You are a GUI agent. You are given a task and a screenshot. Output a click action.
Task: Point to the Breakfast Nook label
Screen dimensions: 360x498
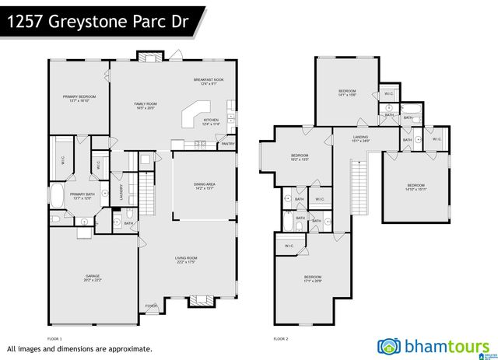click(209, 82)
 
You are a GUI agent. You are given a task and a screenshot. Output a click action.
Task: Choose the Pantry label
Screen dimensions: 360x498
click(228, 144)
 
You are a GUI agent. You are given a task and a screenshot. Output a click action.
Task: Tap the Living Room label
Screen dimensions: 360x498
click(186, 260)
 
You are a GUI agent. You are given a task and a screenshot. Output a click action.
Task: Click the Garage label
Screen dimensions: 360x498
click(93, 278)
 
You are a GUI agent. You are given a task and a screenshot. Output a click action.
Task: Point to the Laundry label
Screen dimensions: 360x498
click(122, 191)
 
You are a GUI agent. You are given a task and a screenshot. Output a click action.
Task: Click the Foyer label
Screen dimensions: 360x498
click(151, 306)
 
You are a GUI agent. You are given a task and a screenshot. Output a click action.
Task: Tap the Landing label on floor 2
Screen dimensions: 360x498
click(361, 139)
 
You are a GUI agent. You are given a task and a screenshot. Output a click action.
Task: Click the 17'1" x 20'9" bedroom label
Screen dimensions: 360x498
click(313, 278)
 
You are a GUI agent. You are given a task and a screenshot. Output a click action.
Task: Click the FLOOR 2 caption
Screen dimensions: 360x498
click(281, 339)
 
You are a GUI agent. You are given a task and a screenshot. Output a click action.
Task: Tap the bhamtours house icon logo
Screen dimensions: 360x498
click(390, 345)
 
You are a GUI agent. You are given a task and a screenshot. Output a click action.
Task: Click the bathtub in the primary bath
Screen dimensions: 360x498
click(59, 194)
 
